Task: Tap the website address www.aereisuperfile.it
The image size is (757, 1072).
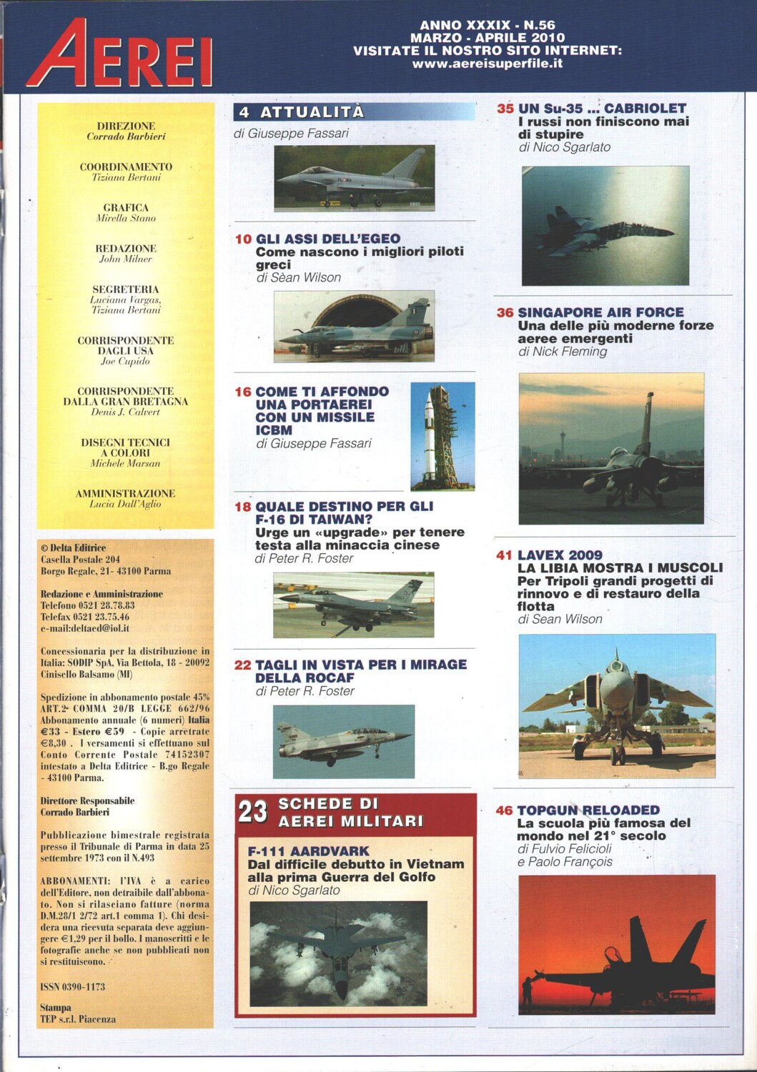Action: pos(487,64)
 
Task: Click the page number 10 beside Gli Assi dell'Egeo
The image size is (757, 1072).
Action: pos(243,239)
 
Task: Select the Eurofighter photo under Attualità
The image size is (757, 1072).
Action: pos(354,178)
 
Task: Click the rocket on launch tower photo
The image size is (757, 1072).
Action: pos(442,436)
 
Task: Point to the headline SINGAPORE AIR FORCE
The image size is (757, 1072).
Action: pos(600,312)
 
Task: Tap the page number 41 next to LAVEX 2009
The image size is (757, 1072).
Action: pos(504,555)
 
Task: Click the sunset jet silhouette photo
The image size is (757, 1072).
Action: pos(615,943)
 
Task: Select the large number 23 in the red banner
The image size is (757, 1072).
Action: pos(252,813)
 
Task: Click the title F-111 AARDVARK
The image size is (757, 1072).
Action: pos(308,851)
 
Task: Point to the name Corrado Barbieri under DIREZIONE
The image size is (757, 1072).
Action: pos(126,137)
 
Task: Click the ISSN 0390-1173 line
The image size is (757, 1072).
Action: pos(73,987)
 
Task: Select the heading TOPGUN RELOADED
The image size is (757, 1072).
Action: pos(588,810)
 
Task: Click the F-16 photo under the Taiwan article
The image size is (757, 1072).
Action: pos(353,605)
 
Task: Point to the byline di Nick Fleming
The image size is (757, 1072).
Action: pos(563,352)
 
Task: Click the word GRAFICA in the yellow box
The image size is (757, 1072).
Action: pos(126,207)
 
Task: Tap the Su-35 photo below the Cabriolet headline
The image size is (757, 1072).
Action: pos(605,225)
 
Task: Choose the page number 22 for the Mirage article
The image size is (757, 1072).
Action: pos(243,665)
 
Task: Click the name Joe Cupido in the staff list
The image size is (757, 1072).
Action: pos(125,362)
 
